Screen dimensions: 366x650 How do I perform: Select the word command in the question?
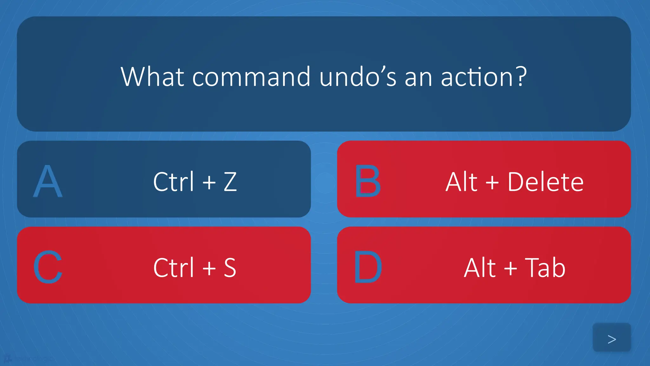pos(251,77)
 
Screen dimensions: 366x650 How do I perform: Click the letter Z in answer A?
pos(230,182)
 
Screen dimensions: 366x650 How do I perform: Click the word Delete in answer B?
pos(545,182)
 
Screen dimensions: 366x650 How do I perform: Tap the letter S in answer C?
pos(230,268)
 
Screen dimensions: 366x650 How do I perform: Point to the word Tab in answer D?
pos(545,268)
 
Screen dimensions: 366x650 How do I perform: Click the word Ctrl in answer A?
pos(173,182)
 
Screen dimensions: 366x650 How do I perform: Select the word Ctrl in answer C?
pos(173,268)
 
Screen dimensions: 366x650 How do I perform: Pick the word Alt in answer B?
pos(461,182)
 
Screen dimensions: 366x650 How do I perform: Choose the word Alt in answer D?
pos(480,268)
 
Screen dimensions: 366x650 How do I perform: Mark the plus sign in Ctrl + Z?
pos(209,182)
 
